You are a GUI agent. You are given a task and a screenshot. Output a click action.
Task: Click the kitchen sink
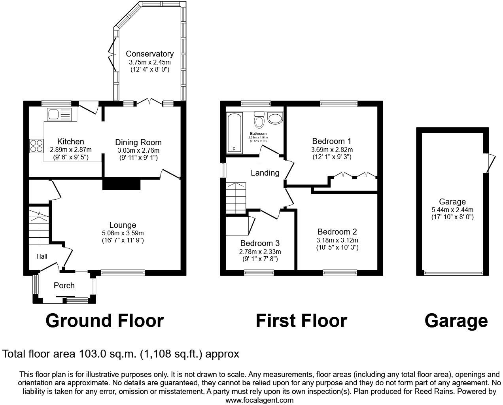click(x=59, y=115)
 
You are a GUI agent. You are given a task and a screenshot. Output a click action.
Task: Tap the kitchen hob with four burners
click(x=36, y=146)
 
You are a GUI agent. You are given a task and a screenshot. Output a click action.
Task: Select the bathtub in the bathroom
click(x=235, y=133)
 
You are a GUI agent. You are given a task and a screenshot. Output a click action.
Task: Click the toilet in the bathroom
click(x=259, y=119)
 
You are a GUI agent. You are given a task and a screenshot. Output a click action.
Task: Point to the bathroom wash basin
click(x=275, y=118)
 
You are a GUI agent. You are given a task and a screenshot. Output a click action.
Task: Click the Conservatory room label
click(x=149, y=54)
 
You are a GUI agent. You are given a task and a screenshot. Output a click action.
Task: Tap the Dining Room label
click(x=138, y=142)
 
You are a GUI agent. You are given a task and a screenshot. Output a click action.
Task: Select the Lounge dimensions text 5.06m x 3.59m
click(x=123, y=233)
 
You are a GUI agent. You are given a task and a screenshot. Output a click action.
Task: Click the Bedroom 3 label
click(x=260, y=243)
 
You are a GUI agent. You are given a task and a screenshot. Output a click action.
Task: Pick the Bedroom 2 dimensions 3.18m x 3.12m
click(x=337, y=240)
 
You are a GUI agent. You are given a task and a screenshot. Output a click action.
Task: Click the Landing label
click(x=265, y=173)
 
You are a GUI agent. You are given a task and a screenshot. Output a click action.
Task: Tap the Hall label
click(x=42, y=256)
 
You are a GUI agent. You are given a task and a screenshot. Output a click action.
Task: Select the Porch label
click(x=64, y=286)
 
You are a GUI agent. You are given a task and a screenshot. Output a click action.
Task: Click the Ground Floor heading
click(x=104, y=321)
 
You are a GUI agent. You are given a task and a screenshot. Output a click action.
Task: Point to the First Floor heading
click(x=301, y=321)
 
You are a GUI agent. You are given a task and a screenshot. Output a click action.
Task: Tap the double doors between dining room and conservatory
click(x=149, y=102)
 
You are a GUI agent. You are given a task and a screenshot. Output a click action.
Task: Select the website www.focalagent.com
click(x=259, y=400)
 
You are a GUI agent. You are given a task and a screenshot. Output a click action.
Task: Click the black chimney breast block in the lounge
click(x=121, y=184)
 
